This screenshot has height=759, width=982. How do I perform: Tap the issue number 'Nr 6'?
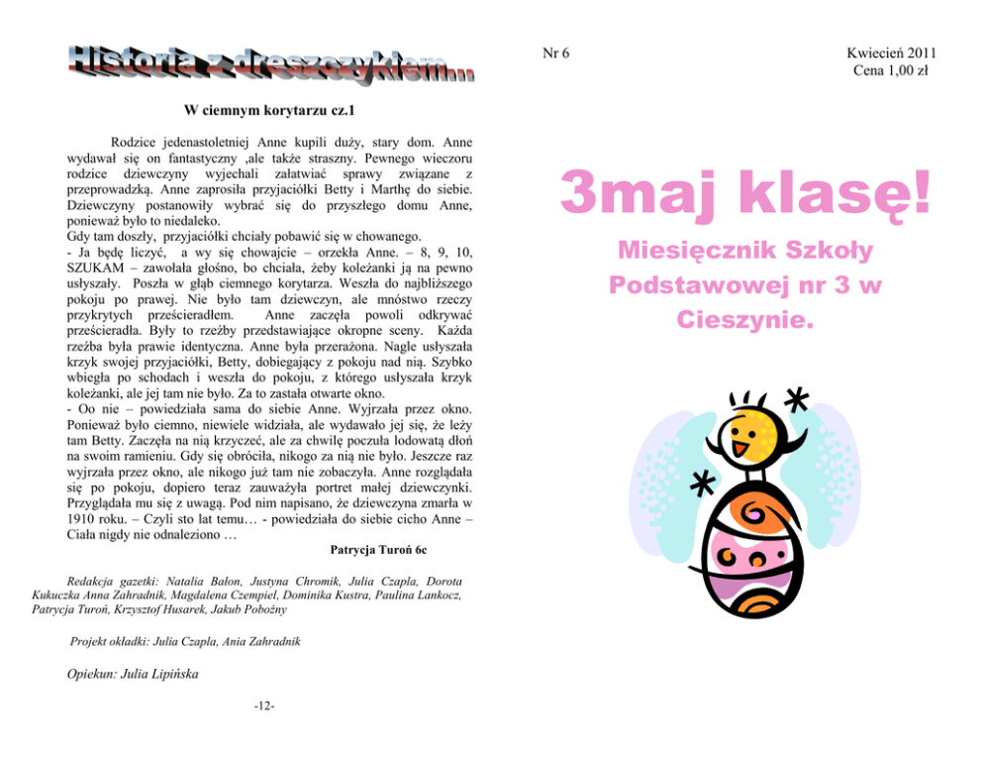point(557,53)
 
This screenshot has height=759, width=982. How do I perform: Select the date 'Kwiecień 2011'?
point(891,53)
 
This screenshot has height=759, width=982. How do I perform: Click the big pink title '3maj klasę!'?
point(745,192)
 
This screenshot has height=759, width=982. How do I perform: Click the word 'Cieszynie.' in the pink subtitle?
point(745,320)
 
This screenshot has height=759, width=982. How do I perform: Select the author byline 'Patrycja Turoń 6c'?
point(377,547)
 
